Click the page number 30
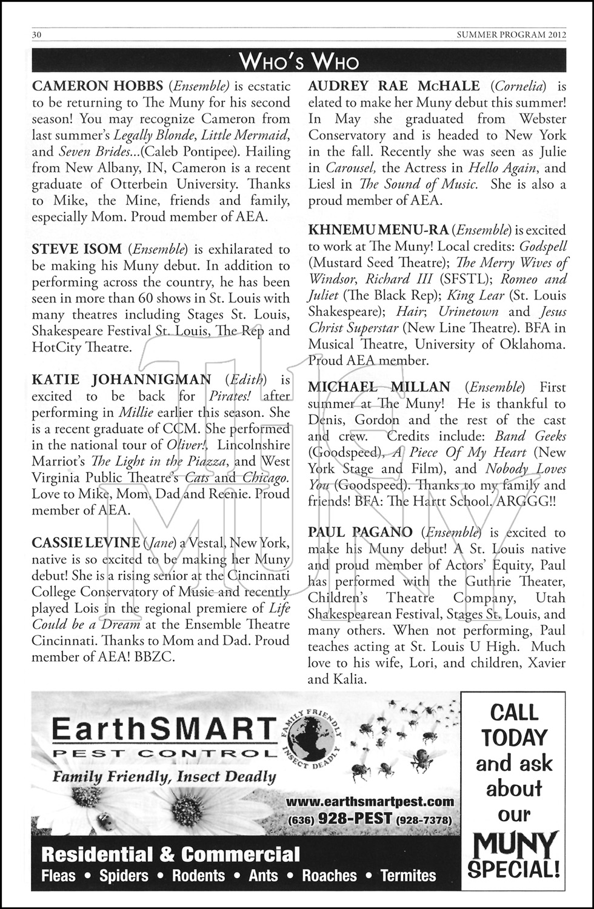pos(36,35)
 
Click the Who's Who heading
pos(299,61)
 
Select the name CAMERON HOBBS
pos(97,86)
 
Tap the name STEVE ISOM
pos(77,249)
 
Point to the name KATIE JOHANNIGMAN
pos(121,380)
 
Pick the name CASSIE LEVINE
pos(85,542)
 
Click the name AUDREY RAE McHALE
pos(394,86)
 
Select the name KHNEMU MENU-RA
pos(378,230)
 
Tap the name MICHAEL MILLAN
pos(379,387)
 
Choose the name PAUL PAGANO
pos(360,533)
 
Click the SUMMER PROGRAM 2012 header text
pos(511,35)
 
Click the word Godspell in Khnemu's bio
pos(543,247)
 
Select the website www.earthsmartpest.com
pos(369,802)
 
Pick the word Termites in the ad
pos(408,876)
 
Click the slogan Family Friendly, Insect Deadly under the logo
pos(164,776)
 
